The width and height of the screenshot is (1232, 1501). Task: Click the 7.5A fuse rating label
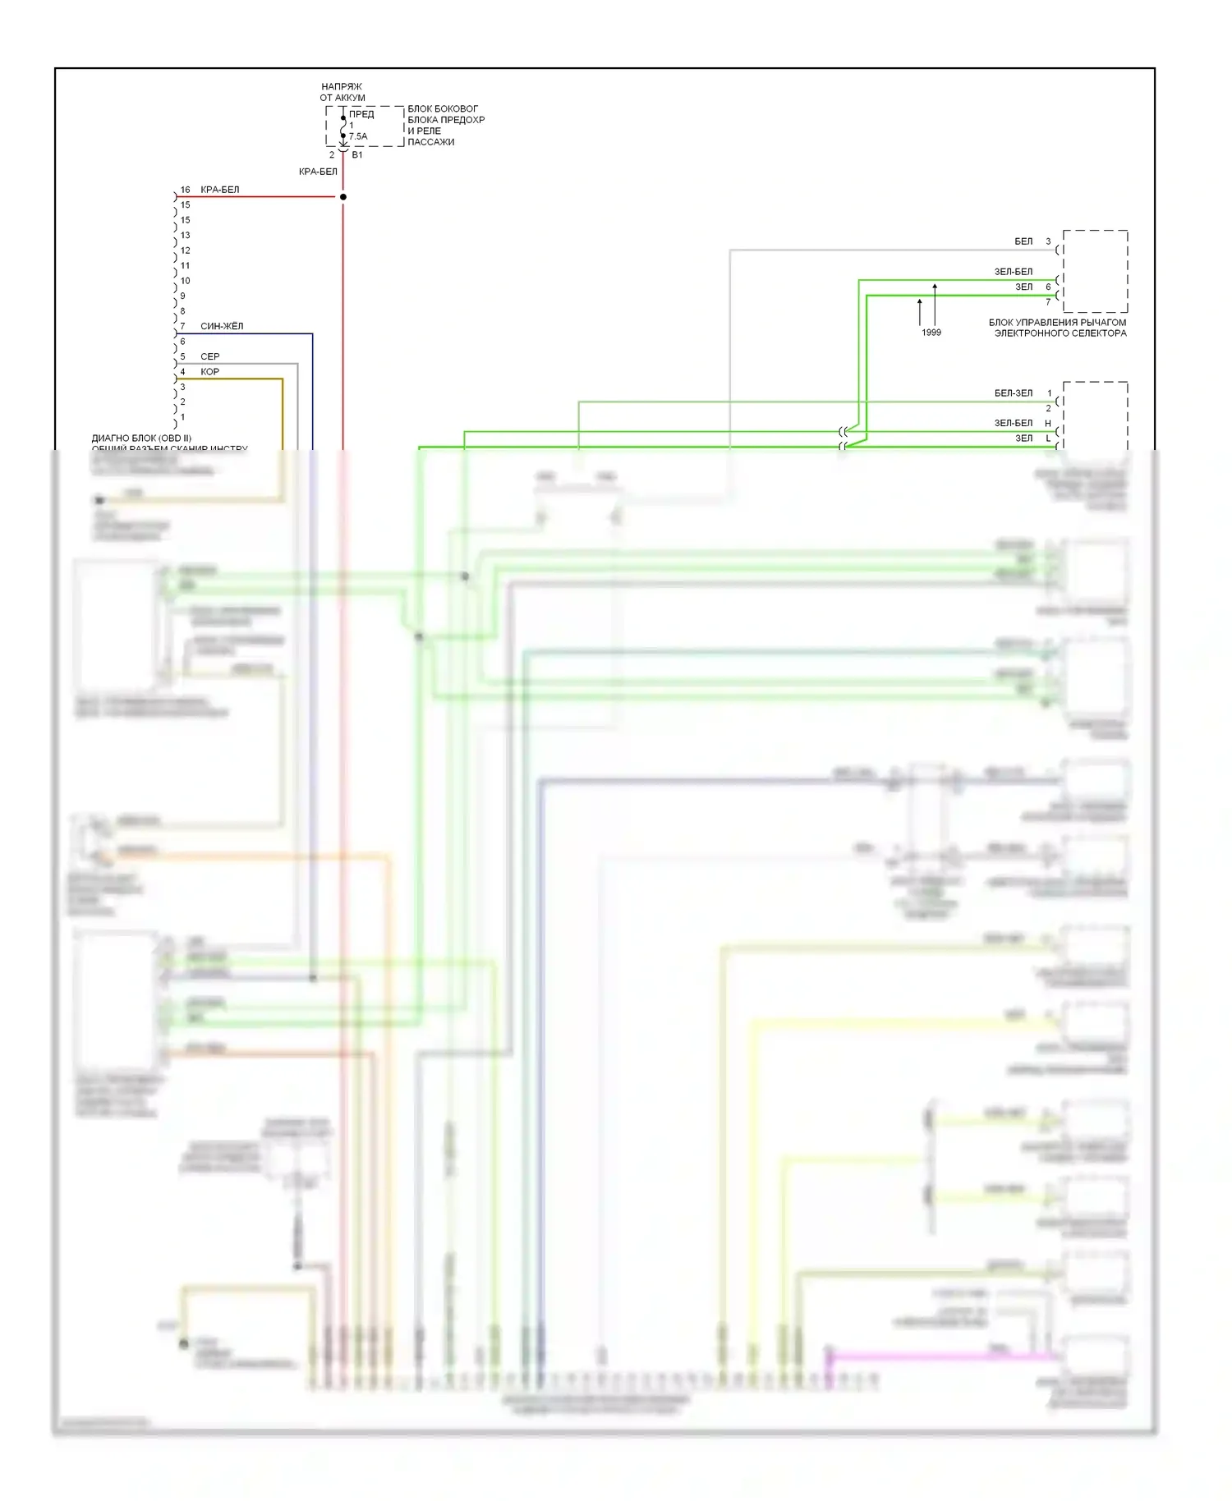[358, 136]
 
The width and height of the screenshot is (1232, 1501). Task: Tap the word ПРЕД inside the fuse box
[361, 114]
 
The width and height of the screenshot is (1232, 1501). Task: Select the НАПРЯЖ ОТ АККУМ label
[342, 92]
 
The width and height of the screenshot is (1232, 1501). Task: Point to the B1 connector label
[357, 154]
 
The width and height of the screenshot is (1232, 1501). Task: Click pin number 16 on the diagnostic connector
[185, 190]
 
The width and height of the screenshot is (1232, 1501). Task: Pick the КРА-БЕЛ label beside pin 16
[220, 190]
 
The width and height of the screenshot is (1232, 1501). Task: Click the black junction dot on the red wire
[343, 197]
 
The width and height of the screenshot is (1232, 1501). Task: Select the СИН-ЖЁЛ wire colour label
[222, 326]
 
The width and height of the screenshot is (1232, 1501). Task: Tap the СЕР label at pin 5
[210, 356]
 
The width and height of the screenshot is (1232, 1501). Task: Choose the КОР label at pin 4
[209, 372]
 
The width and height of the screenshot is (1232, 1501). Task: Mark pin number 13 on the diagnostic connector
[185, 236]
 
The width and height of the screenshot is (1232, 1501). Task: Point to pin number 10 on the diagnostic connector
[185, 281]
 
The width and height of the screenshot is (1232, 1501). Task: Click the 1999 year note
[931, 333]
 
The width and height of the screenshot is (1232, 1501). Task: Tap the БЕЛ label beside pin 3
[1023, 241]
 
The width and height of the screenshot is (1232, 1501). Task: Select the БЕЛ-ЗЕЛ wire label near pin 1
[1014, 393]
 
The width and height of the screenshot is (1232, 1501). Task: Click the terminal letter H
[1048, 424]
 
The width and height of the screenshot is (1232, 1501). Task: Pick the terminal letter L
[1048, 438]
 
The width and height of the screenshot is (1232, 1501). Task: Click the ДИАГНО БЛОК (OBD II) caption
[141, 438]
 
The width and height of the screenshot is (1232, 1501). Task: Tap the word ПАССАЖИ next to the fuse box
[431, 142]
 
